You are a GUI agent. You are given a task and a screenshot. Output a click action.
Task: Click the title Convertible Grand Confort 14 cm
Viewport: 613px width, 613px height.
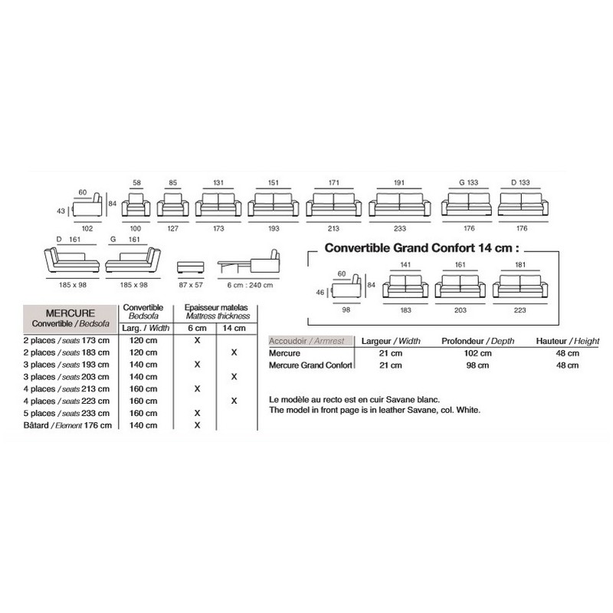click(x=421, y=247)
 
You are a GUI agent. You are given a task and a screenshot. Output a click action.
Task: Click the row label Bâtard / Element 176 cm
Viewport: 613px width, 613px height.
click(x=70, y=425)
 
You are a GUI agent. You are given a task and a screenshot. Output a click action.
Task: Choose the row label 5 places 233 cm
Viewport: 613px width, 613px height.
click(x=70, y=413)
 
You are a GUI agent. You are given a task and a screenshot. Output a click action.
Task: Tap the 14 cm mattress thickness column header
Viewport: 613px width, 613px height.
click(x=233, y=327)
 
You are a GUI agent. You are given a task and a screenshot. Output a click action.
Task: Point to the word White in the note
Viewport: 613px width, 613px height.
click(x=464, y=410)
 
